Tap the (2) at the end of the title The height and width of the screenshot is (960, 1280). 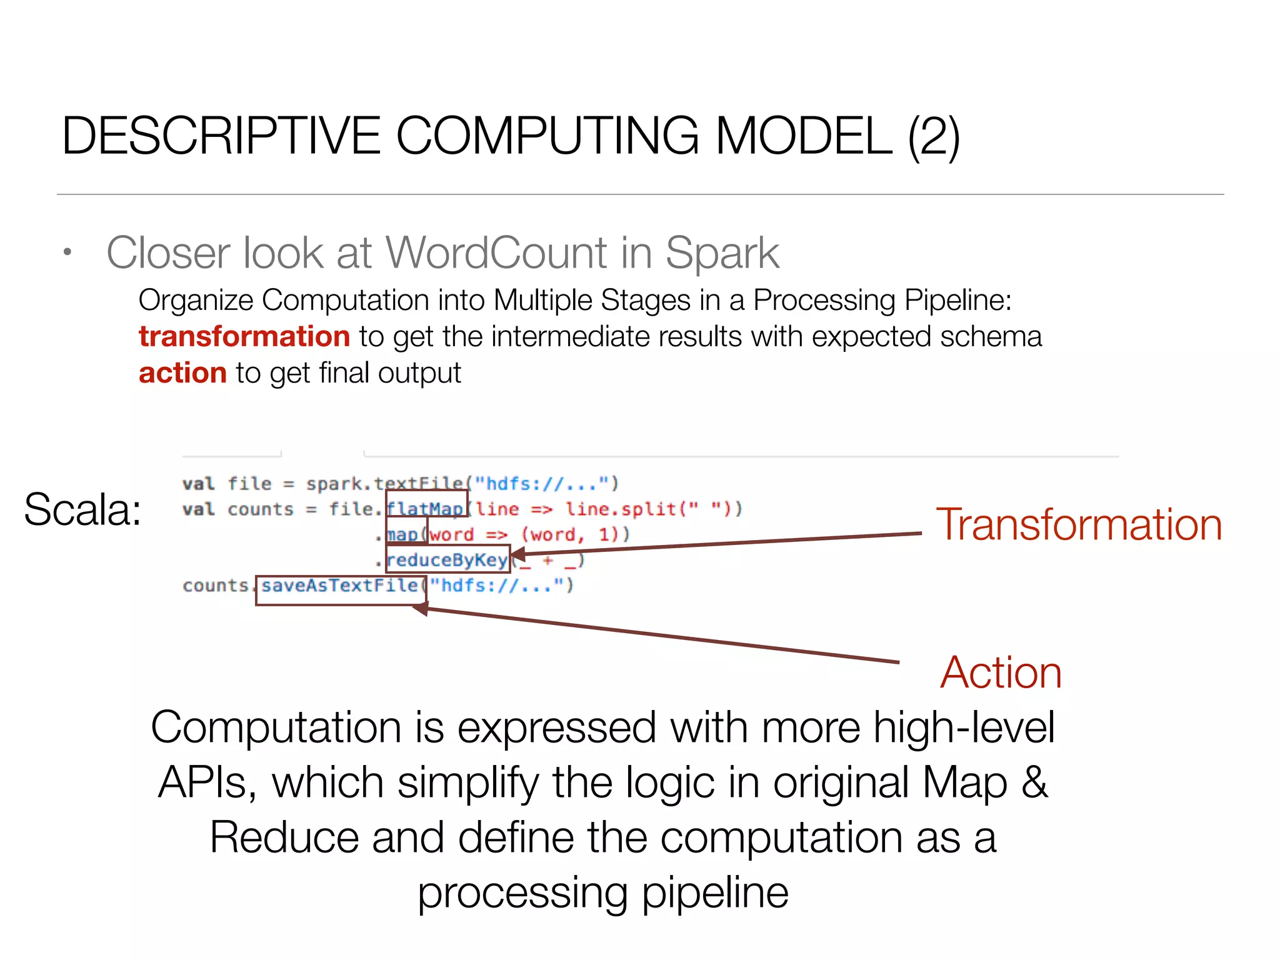(934, 137)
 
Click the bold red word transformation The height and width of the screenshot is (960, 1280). (244, 337)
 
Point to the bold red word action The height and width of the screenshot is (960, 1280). (182, 373)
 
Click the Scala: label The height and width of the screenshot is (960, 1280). (82, 509)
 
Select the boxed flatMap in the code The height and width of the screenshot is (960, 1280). (426, 509)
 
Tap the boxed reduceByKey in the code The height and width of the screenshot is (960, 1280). (447, 559)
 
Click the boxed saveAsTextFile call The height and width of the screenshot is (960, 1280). (340, 586)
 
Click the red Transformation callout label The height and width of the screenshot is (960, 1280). (1079, 524)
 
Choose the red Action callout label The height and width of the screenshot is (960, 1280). (1001, 672)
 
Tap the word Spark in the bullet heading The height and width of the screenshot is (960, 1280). (722, 253)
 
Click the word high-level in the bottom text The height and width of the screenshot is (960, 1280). (964, 727)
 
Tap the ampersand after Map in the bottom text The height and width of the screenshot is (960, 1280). (1034, 782)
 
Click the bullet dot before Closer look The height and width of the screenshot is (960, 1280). (67, 253)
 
